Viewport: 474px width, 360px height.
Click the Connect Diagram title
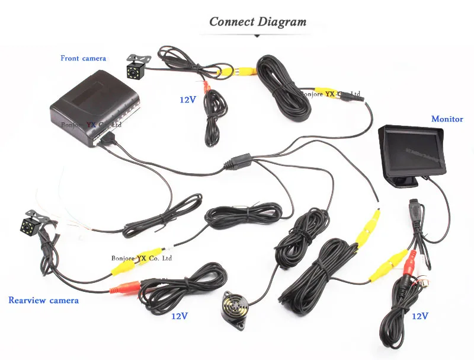pyautogui.click(x=258, y=22)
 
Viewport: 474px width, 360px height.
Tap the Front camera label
pyautogui.click(x=83, y=58)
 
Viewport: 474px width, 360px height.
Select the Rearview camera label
pyautogui.click(x=43, y=300)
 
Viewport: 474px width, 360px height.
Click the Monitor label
pyautogui.click(x=447, y=119)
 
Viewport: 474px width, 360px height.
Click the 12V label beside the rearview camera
pyautogui.click(x=180, y=316)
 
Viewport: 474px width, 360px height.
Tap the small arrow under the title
pyautogui.click(x=258, y=36)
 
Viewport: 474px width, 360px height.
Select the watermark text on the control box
pyautogui.click(x=91, y=125)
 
